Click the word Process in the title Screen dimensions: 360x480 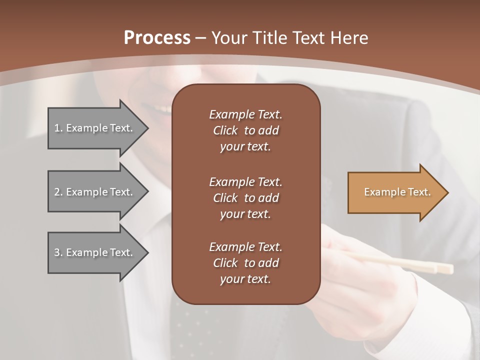tap(156, 38)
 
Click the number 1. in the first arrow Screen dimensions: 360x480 tap(58, 128)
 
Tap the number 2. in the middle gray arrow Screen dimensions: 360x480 tap(58, 192)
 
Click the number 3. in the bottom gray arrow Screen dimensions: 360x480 tap(58, 252)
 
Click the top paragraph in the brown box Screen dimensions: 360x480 tap(245, 130)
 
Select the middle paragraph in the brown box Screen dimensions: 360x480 tap(245, 198)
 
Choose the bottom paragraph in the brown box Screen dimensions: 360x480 tap(245, 263)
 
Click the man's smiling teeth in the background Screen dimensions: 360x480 tap(161, 107)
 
